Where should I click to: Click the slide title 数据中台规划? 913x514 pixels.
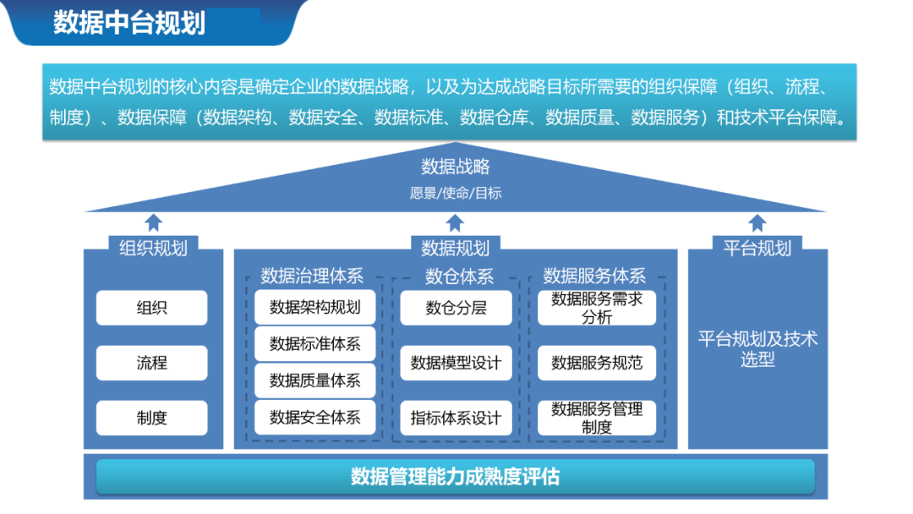[129, 23]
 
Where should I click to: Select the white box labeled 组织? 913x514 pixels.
[151, 308]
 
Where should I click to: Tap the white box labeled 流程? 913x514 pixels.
[151, 363]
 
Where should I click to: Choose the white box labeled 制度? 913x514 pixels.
[151, 418]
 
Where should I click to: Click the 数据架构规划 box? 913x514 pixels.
[314, 307]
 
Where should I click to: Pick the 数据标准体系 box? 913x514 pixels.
[314, 344]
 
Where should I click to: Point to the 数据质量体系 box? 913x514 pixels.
[314, 380]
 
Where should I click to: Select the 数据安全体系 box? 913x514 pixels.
[314, 418]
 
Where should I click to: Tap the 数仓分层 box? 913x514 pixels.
[456, 308]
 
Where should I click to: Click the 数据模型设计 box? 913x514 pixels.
[456, 363]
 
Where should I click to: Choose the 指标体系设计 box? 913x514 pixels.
[456, 418]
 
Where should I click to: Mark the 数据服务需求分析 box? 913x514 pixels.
[597, 308]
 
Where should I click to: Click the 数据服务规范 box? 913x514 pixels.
[597, 363]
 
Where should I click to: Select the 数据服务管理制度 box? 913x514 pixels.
[597, 418]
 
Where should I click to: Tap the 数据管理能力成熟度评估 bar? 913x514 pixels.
[455, 477]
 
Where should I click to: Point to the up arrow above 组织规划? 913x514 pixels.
[153, 222]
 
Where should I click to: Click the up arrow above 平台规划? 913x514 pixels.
[757, 222]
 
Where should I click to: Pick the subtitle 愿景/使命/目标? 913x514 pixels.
[456, 193]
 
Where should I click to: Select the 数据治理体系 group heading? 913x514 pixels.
[312, 276]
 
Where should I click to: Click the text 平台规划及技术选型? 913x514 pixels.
[757, 349]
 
